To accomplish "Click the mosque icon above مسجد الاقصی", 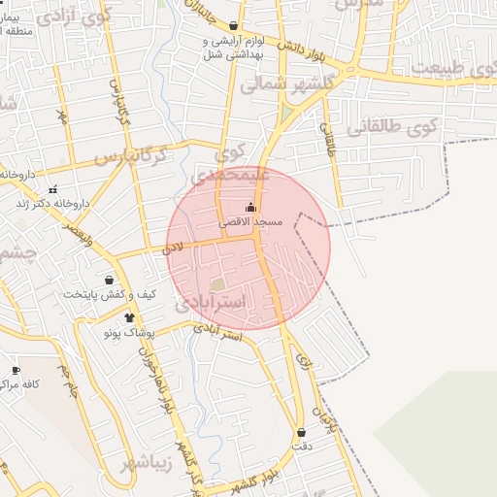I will [250, 207].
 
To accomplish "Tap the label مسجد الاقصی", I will [250, 222].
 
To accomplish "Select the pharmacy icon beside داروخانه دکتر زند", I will [51, 189].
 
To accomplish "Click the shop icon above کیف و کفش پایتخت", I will [109, 280].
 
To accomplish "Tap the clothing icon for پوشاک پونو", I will [130, 317].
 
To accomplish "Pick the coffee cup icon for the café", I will [16, 370].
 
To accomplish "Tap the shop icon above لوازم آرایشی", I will [233, 26].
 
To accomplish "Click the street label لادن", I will [174, 248].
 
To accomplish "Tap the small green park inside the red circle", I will [218, 284].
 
